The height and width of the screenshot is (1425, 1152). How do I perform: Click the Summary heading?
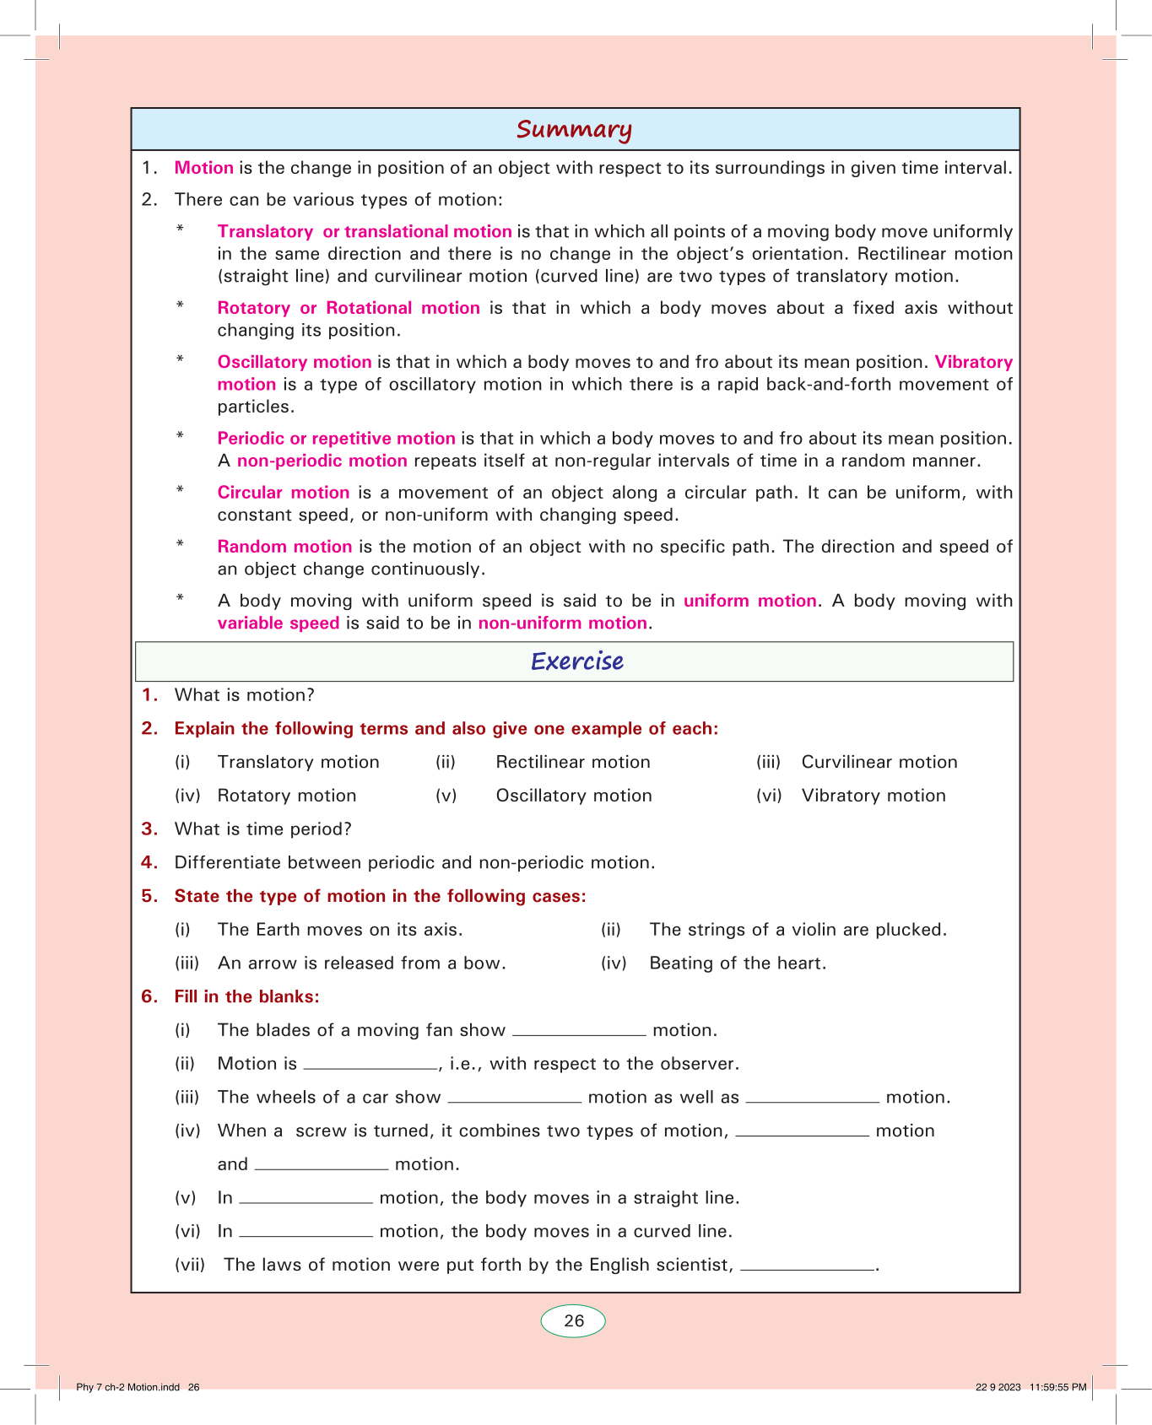574,129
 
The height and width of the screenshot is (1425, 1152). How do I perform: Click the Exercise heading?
577,661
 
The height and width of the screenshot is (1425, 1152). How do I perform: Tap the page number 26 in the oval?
574,1321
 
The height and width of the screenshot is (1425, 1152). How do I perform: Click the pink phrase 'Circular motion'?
284,493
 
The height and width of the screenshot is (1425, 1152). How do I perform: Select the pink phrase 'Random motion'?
284,547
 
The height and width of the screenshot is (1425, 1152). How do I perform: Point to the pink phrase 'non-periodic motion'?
322,461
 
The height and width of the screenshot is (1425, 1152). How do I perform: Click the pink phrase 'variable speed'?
279,623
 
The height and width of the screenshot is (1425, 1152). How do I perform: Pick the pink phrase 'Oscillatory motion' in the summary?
295,362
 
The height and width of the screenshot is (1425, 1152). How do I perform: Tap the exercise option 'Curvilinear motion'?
879,762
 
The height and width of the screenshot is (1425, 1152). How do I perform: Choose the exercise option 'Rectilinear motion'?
573,762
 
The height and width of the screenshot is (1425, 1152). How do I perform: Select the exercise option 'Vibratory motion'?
873,796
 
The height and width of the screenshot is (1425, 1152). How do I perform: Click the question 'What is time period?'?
262,829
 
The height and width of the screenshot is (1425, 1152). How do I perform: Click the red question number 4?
149,862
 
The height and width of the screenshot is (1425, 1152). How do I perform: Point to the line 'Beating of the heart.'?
738,963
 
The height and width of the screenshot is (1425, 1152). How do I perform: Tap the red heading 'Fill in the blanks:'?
246,996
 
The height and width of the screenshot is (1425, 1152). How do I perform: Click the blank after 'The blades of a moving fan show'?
579,1031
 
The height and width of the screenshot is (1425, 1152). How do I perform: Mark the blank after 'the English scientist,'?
807,1266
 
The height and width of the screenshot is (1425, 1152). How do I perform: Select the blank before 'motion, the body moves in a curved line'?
306,1232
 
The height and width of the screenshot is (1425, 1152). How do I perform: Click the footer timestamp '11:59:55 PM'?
1057,1387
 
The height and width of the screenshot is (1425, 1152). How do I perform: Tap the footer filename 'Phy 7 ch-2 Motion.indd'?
127,1387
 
